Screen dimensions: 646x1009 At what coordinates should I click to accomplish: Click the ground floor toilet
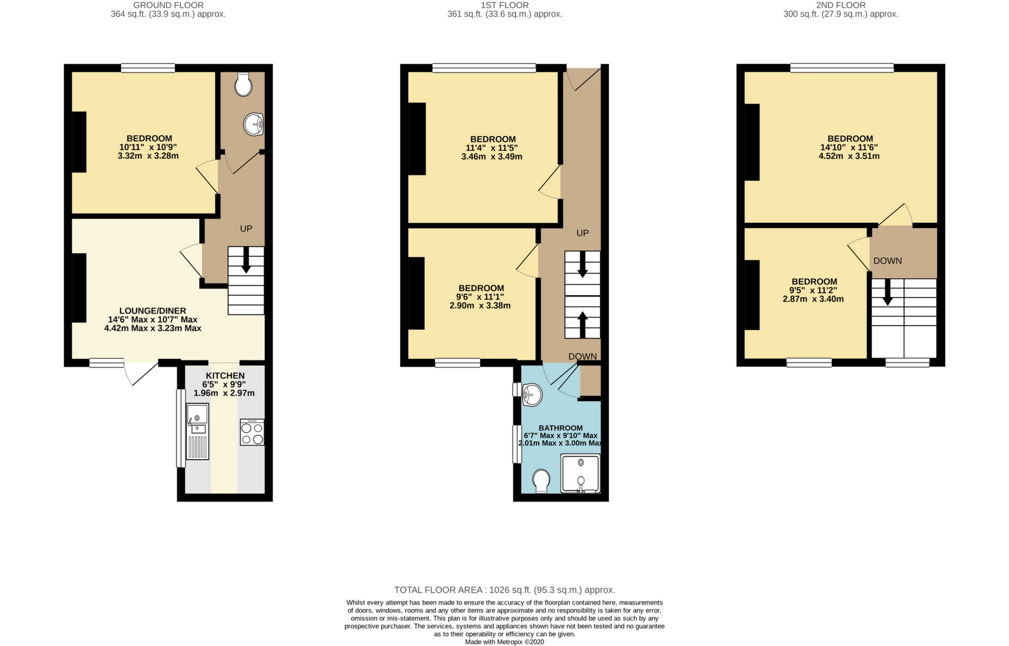[243, 84]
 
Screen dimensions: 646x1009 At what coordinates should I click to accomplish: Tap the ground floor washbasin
[254, 124]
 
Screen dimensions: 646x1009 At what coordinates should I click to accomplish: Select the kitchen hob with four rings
[252, 432]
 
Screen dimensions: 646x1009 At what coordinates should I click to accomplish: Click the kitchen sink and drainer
[197, 431]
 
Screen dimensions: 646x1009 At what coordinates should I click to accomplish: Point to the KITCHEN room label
[225, 376]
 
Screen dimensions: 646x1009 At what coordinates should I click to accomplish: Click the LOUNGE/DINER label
[152, 311]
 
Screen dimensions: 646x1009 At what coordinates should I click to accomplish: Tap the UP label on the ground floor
[246, 229]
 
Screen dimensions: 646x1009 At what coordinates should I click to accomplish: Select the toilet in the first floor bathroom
[541, 481]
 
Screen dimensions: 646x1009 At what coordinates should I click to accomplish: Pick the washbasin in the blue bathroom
[532, 395]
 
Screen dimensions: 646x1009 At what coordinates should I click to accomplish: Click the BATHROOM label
[561, 428]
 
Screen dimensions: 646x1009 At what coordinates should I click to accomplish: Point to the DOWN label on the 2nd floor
[887, 261]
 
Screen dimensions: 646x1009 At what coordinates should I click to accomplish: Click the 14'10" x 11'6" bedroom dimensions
[849, 148]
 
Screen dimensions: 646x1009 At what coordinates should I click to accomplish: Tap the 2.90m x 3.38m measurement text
[480, 306]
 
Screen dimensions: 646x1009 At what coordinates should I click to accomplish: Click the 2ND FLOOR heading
[841, 5]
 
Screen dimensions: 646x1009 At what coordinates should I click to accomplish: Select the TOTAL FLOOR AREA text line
[504, 590]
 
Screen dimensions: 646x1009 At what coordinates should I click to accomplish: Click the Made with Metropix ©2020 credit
[504, 642]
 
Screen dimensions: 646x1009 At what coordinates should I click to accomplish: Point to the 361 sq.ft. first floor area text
[504, 14]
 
